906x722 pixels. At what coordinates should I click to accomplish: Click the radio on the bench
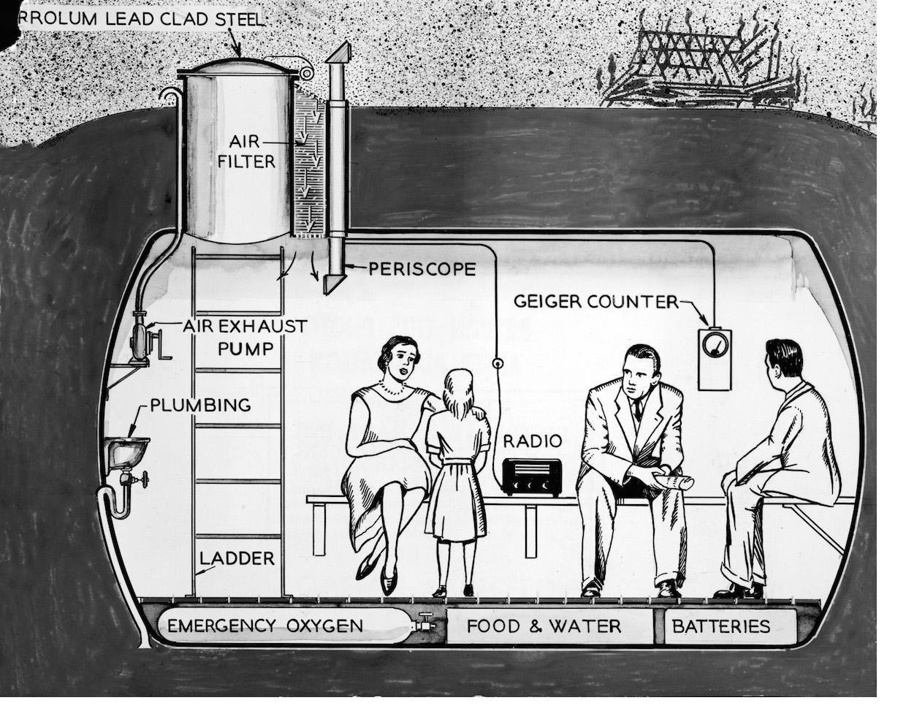533,476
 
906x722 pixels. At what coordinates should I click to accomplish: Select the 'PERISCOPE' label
422,269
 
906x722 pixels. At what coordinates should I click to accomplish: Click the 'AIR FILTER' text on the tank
247,151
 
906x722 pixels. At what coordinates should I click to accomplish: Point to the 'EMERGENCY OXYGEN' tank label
264,626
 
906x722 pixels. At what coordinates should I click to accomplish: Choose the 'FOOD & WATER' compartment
544,626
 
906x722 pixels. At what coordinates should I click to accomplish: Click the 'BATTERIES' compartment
721,626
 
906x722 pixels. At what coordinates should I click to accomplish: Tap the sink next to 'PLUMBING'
126,450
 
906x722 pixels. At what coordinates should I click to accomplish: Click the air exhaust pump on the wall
139,342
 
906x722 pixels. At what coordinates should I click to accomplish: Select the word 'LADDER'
237,558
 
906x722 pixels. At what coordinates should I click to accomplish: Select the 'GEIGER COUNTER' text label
596,301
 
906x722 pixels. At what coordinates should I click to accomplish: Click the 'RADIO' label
533,441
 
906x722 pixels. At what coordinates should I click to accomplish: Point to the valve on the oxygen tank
424,626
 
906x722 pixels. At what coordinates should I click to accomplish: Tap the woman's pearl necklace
395,390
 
